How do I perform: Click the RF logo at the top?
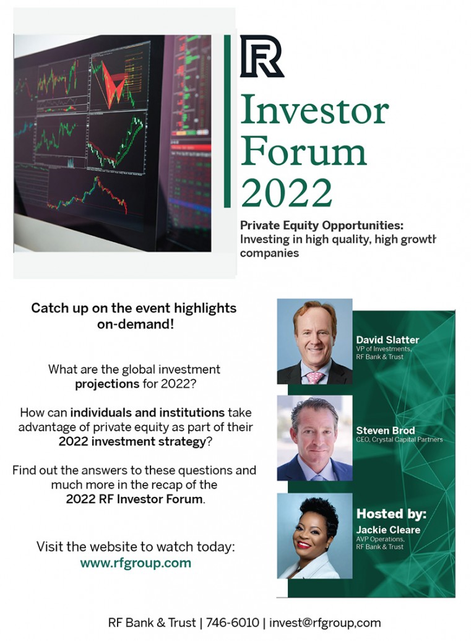tap(262, 56)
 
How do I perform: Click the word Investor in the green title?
tap(314, 110)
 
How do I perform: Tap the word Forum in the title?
tap(303, 151)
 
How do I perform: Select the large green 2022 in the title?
tap(286, 192)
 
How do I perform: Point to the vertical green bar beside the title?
tap(227, 121)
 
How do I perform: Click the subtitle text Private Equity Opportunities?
tap(321, 225)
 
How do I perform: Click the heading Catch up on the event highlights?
tap(134, 308)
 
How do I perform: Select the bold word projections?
tap(107, 384)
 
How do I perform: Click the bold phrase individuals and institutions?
tap(147, 413)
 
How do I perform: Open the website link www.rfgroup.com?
tap(136, 563)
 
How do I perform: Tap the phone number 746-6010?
tap(232, 622)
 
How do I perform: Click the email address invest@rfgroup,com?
tap(325, 622)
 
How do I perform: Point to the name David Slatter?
tap(387, 340)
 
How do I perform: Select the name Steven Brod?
tap(385, 431)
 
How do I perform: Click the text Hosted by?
tap(391, 514)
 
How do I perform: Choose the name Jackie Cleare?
tap(388, 530)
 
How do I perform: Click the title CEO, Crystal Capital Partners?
tap(399, 439)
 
